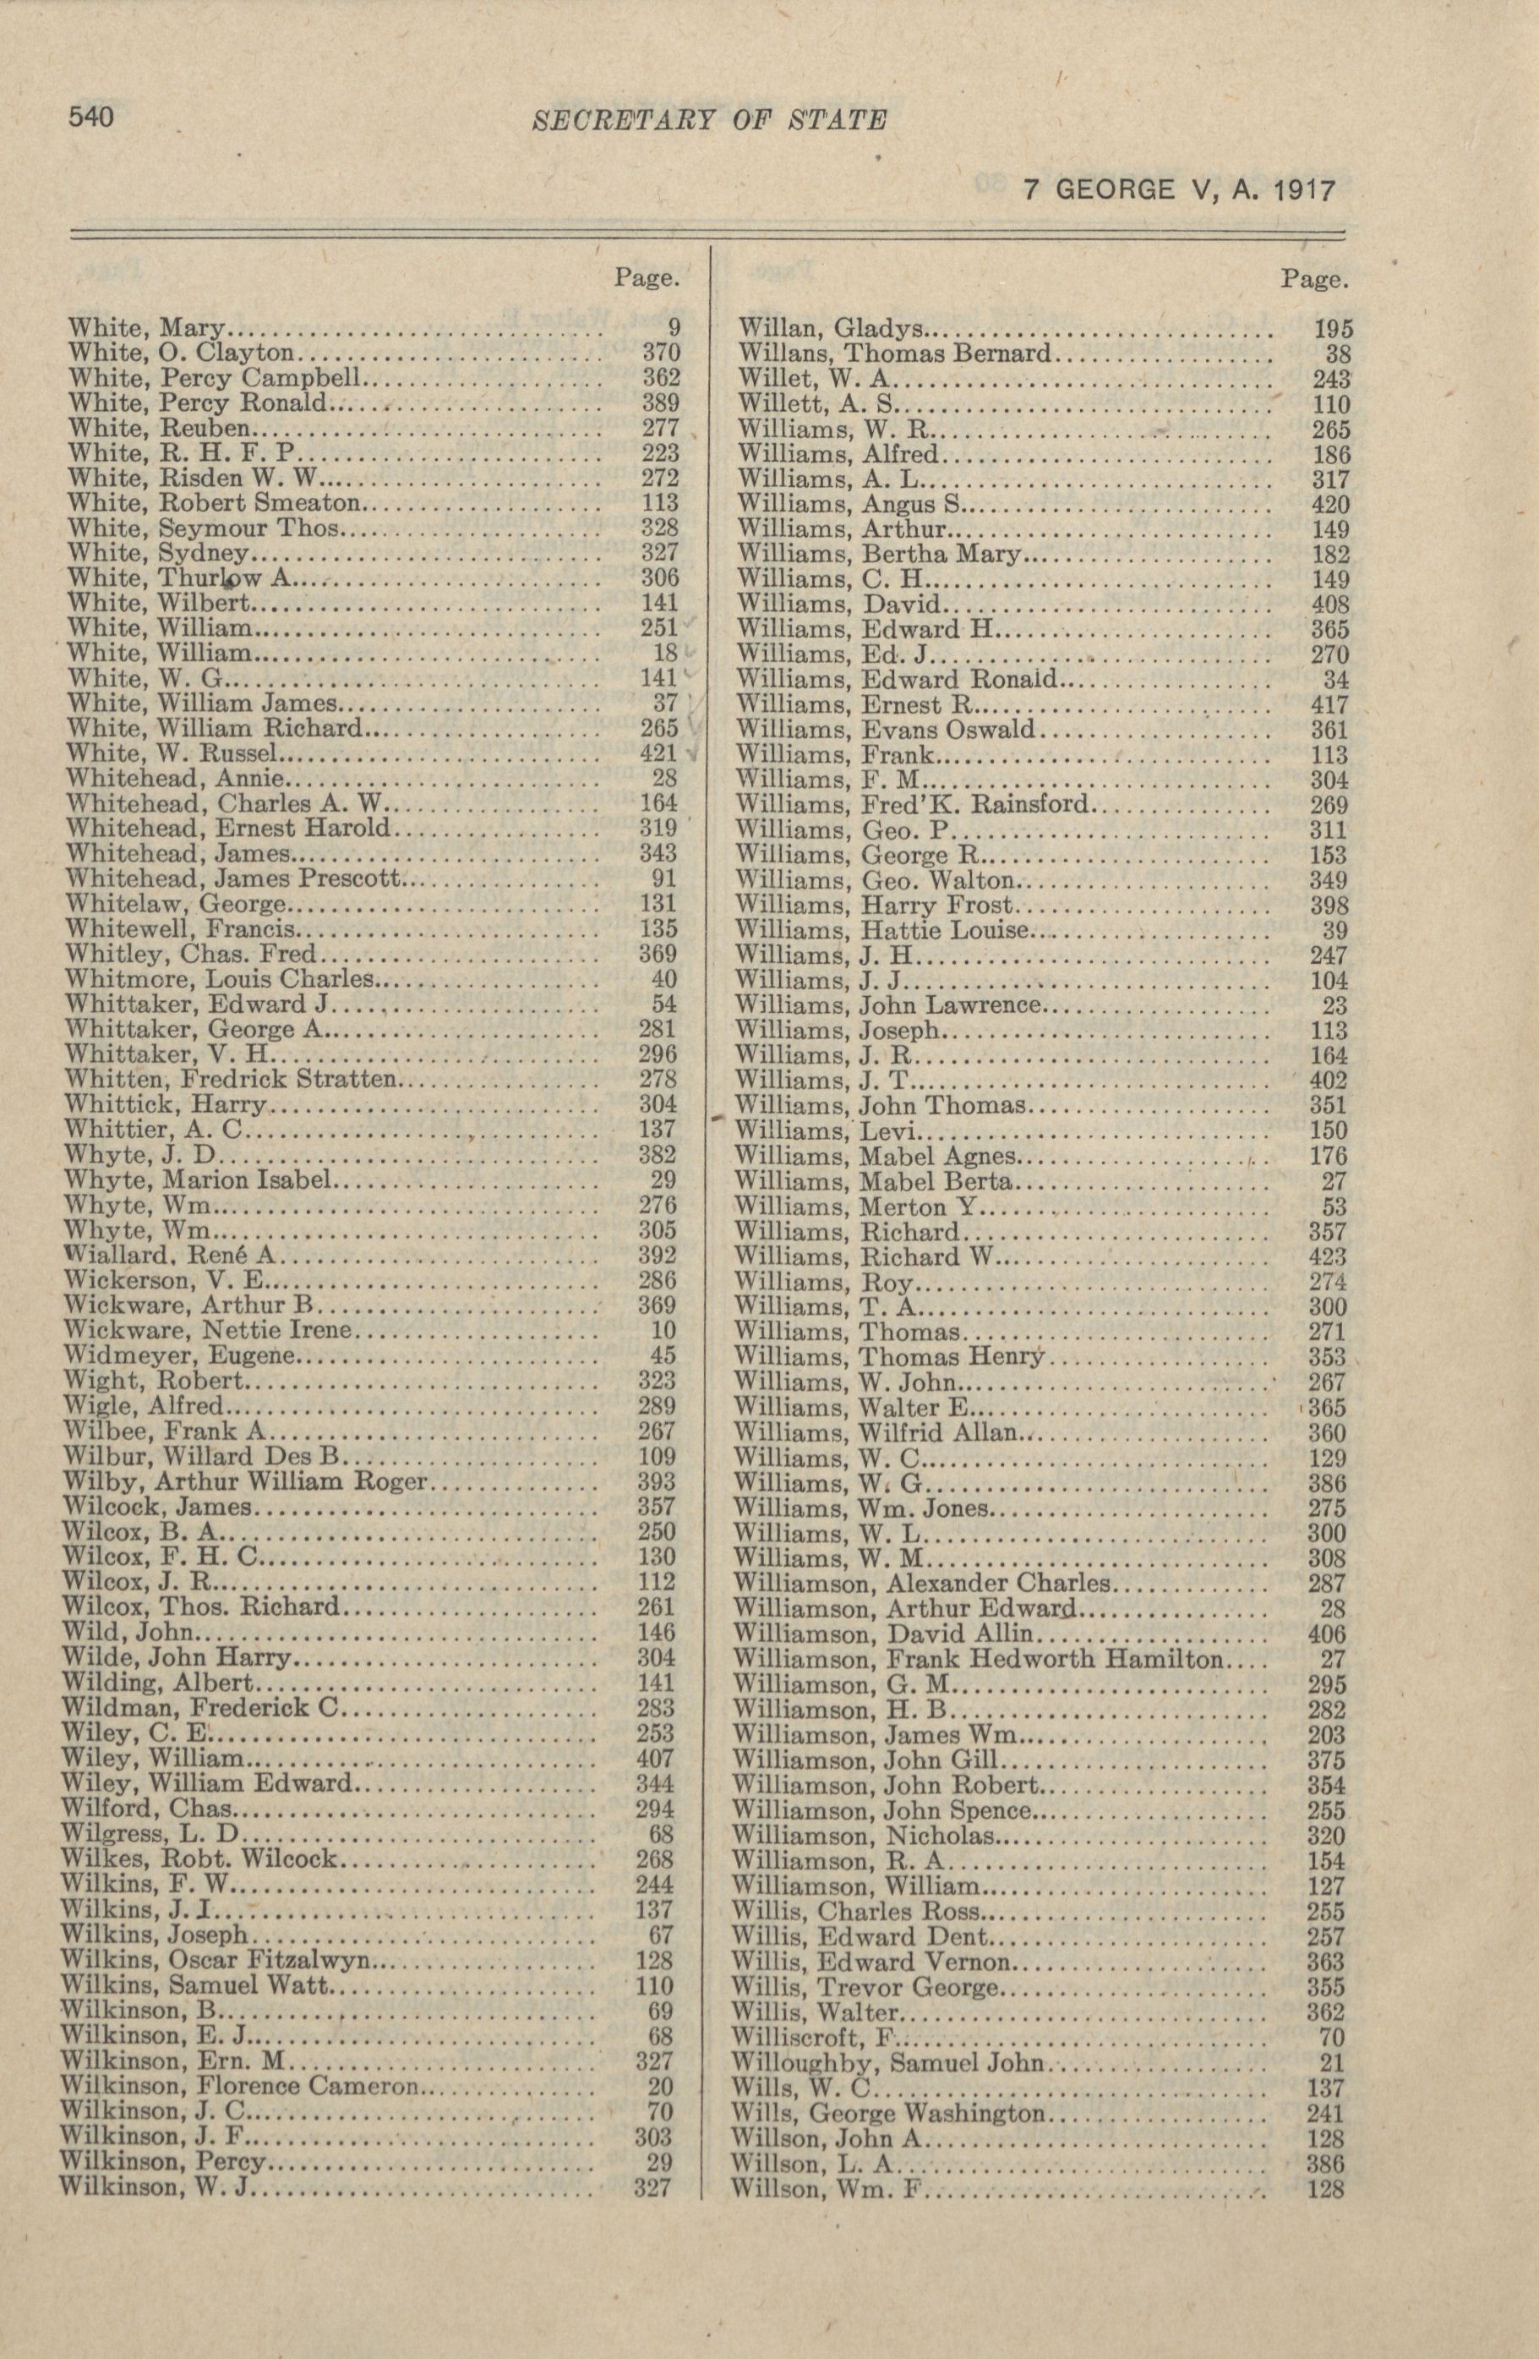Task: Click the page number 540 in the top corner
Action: tap(90, 117)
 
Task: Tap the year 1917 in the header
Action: tap(1299, 189)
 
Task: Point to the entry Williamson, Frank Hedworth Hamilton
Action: tap(979, 1658)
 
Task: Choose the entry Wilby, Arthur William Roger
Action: tap(243, 1482)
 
